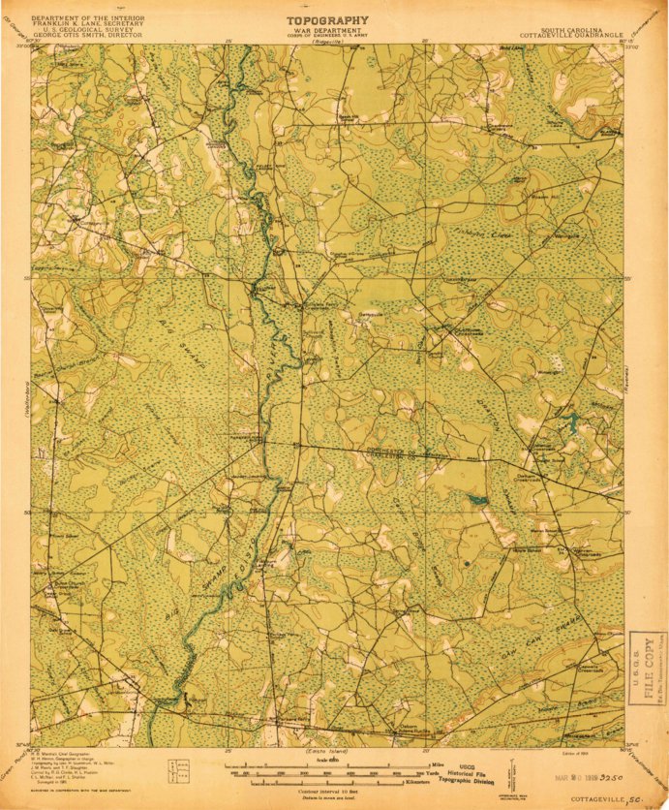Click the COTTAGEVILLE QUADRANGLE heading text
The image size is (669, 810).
(x=561, y=36)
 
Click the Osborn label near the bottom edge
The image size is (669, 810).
(x=408, y=726)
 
